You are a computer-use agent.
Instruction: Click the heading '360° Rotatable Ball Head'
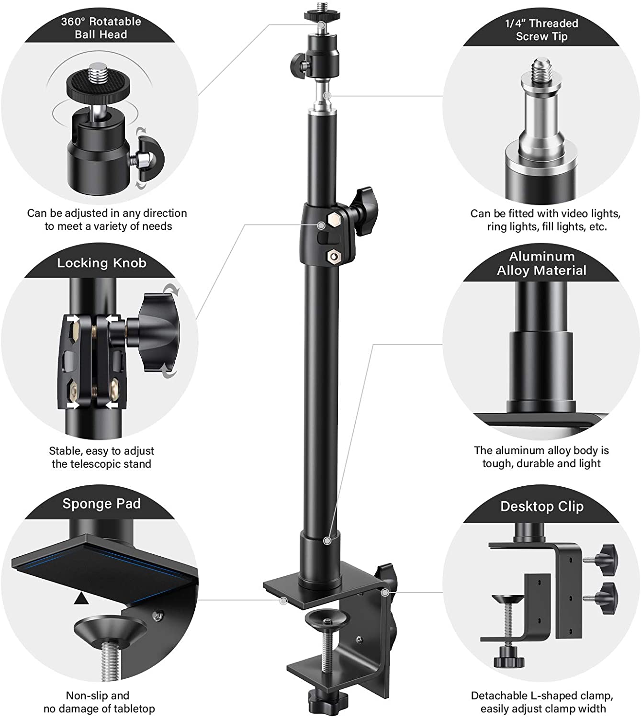click(101, 28)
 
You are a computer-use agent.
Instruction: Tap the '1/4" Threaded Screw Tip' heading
click(541, 30)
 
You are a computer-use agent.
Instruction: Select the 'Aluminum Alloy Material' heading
click(541, 263)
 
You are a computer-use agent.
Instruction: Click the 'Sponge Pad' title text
click(101, 504)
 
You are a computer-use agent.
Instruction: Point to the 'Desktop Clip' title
click(542, 506)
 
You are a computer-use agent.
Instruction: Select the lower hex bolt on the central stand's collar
click(332, 257)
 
